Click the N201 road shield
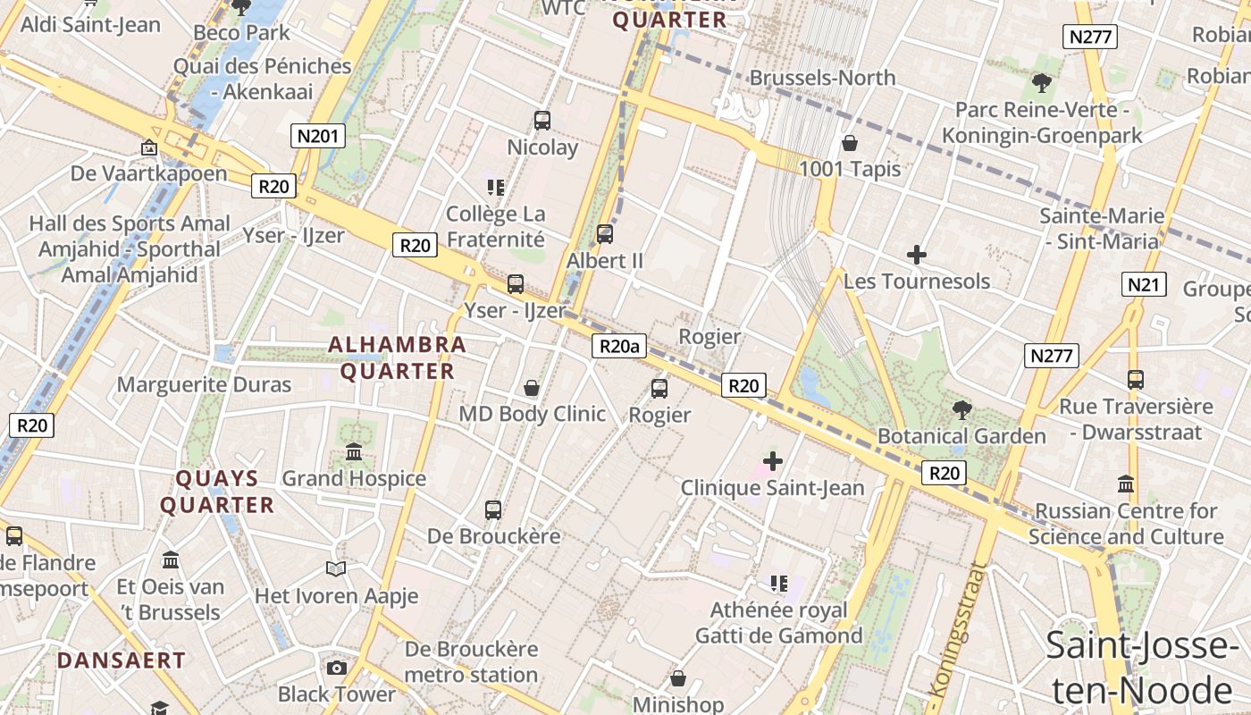(318, 136)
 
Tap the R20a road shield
(618, 346)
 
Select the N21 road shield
(1144, 284)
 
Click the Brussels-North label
(822, 78)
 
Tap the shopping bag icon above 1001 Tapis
(849, 143)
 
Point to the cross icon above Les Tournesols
(916, 255)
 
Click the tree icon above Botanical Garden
(961, 410)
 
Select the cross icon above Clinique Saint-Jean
(773, 461)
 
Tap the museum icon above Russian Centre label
(1126, 484)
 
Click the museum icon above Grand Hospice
(354, 452)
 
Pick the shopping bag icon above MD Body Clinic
(532, 388)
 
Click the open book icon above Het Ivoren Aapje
(336, 569)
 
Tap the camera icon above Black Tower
(337, 668)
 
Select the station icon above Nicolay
(542, 121)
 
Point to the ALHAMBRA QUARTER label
(397, 357)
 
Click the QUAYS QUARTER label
(217, 492)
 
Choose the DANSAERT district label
(122, 661)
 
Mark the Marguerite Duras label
(205, 384)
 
